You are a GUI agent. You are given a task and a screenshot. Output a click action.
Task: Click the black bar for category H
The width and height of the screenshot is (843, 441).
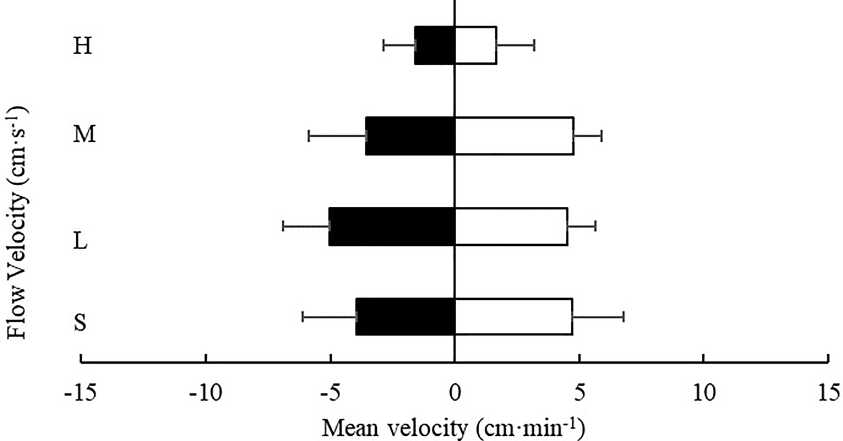pyautogui.click(x=434, y=45)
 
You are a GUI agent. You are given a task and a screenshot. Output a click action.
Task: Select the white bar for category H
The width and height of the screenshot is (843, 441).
pyautogui.click(x=476, y=45)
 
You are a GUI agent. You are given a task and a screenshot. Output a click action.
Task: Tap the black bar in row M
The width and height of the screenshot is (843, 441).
pyautogui.click(x=410, y=136)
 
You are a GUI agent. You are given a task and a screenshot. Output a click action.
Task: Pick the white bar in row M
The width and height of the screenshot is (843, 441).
pyautogui.click(x=514, y=136)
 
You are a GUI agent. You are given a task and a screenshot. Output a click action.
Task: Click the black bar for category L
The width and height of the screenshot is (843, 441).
pyautogui.click(x=392, y=226)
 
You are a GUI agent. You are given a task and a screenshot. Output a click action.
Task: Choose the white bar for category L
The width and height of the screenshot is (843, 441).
pyautogui.click(x=511, y=226)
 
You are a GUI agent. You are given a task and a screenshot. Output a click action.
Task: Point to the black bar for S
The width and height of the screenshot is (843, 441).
pyautogui.click(x=405, y=317)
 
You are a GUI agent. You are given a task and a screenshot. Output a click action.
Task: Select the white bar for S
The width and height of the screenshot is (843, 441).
pyautogui.click(x=514, y=317)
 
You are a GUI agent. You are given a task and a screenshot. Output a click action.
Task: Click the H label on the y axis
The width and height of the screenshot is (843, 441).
pyautogui.click(x=82, y=46)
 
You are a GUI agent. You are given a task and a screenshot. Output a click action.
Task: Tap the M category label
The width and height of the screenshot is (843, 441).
pyautogui.click(x=84, y=134)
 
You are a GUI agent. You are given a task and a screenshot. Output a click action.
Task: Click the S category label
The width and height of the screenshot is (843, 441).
pyautogui.click(x=80, y=322)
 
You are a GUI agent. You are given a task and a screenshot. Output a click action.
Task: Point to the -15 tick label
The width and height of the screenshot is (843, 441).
pyautogui.click(x=81, y=393)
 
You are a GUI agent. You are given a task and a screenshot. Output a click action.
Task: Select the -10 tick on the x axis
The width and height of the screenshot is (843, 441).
pyautogui.click(x=205, y=393)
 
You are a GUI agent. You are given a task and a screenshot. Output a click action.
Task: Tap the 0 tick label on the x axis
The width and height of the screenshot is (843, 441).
pyautogui.click(x=455, y=393)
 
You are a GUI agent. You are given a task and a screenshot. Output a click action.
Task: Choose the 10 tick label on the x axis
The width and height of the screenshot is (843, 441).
pyautogui.click(x=704, y=393)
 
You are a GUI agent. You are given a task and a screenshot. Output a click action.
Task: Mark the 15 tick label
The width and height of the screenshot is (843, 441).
pyautogui.click(x=828, y=393)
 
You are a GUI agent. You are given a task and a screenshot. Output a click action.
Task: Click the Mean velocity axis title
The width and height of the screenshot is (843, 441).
pyautogui.click(x=453, y=428)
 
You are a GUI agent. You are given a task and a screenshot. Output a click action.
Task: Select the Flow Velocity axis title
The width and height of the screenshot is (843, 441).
pyautogui.click(x=17, y=222)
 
